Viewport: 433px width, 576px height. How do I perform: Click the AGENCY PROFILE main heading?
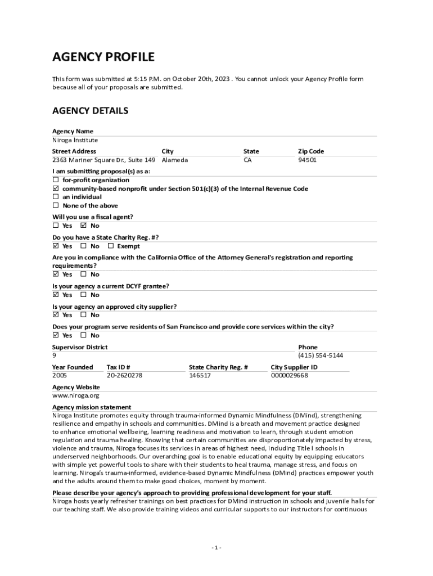(103, 57)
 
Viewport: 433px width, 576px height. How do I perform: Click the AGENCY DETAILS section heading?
(90, 111)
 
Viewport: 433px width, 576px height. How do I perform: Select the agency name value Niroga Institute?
(75, 140)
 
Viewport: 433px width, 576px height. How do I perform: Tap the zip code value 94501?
(307, 160)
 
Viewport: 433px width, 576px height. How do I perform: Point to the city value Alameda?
(175, 160)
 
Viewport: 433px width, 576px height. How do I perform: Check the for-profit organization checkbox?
(56, 180)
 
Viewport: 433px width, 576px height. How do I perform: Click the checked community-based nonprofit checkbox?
(56, 188)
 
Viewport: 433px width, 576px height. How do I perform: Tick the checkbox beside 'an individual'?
(56, 197)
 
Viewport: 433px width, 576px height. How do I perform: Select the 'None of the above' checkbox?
(56, 205)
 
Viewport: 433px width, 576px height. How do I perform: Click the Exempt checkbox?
(111, 246)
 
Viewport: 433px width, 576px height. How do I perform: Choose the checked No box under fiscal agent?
(83, 226)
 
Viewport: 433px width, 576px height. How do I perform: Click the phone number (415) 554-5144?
(321, 355)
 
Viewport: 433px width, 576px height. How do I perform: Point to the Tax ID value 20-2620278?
(124, 375)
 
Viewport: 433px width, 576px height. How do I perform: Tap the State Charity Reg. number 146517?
(200, 375)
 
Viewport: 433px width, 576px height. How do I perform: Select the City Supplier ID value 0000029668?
(289, 375)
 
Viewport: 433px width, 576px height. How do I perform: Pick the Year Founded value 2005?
(60, 375)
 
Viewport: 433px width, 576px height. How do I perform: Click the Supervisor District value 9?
(54, 355)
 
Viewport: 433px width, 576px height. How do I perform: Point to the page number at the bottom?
(216, 547)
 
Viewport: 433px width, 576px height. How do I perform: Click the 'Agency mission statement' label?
(92, 407)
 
